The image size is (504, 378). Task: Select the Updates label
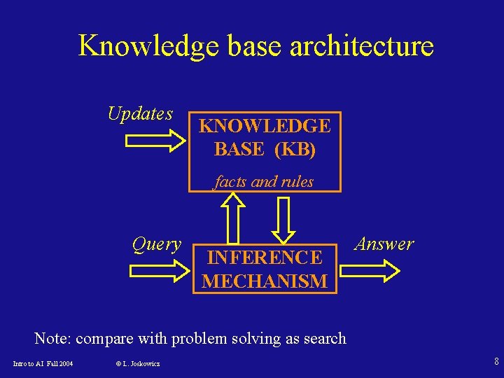[140, 113]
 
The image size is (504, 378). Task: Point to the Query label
[157, 244]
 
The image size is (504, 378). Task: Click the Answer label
[384, 244]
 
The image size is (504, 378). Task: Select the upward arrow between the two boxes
[232, 217]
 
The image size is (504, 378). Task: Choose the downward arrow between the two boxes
[284, 217]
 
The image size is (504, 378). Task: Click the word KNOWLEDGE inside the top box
[265, 126]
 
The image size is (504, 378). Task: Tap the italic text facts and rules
[264, 182]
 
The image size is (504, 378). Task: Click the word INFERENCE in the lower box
[265, 258]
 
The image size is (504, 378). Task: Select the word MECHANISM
[265, 281]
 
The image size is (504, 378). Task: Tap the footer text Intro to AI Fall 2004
[43, 363]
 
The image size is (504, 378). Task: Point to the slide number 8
[496, 362]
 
